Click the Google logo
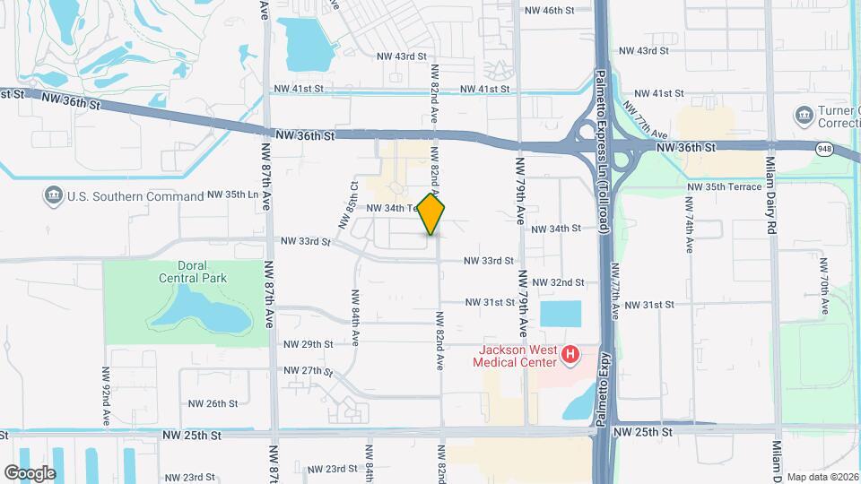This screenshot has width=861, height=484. (x=30, y=473)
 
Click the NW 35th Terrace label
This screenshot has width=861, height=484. (x=724, y=186)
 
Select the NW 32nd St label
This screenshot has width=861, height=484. (x=558, y=282)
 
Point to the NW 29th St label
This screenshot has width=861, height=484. (x=308, y=344)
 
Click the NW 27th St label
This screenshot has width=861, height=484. (x=308, y=371)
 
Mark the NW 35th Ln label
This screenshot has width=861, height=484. (x=232, y=194)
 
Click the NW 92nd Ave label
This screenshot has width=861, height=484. (x=106, y=395)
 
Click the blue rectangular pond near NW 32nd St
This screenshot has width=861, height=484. (x=561, y=314)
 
